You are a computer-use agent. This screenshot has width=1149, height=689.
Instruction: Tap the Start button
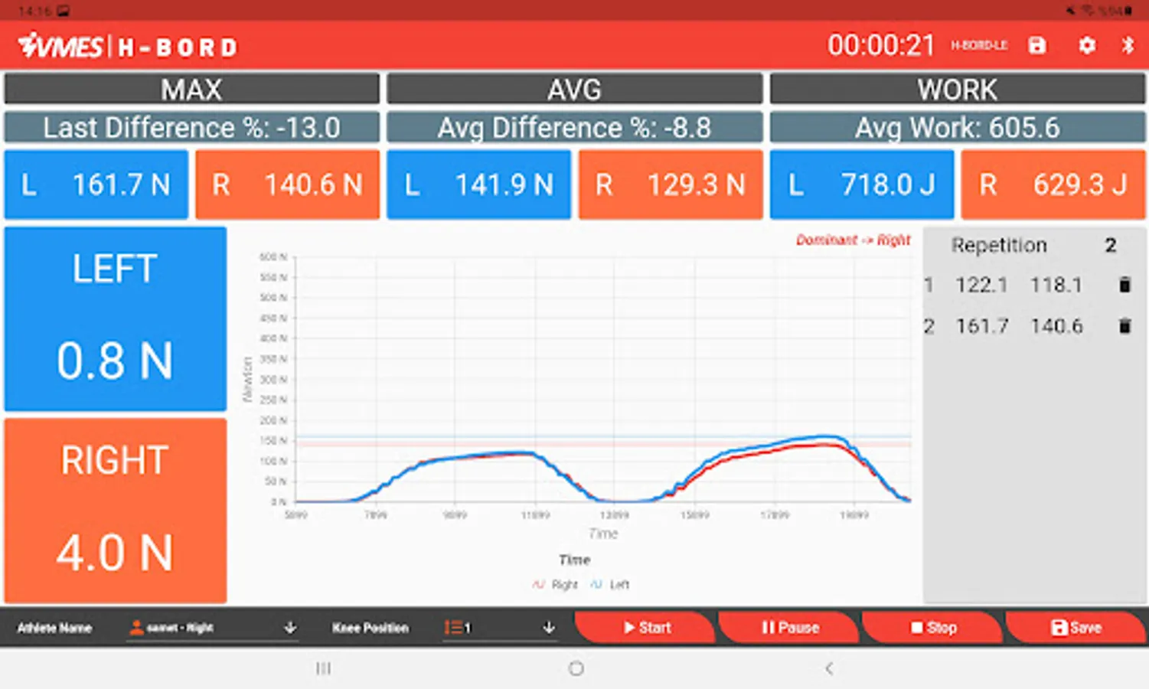646,628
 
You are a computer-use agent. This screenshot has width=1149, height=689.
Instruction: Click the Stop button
933,628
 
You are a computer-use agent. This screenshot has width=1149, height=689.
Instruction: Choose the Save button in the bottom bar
1076,628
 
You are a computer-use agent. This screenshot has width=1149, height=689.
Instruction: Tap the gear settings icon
1087,46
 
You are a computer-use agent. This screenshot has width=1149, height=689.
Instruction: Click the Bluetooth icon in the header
1128,45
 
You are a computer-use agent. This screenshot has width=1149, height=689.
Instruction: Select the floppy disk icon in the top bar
1037,46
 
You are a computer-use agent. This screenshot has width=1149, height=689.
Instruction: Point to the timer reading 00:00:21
881,46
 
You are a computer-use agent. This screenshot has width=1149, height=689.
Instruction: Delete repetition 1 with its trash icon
1125,285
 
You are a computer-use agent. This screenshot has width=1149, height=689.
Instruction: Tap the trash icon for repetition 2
1125,326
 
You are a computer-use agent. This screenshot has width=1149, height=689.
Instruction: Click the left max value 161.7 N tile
96,184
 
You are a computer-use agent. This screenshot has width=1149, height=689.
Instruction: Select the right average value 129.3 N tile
671,184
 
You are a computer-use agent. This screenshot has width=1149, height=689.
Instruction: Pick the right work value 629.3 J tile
1053,184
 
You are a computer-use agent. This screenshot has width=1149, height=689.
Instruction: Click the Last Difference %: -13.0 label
191,128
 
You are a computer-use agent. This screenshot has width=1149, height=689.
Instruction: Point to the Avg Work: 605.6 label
958,128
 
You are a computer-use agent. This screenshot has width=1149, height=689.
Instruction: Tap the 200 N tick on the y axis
274,420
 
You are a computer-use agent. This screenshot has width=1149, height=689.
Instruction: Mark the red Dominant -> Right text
853,240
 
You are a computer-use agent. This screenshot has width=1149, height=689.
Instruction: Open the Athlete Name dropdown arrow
290,628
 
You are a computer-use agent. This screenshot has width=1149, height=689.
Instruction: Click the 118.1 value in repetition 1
1056,285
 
